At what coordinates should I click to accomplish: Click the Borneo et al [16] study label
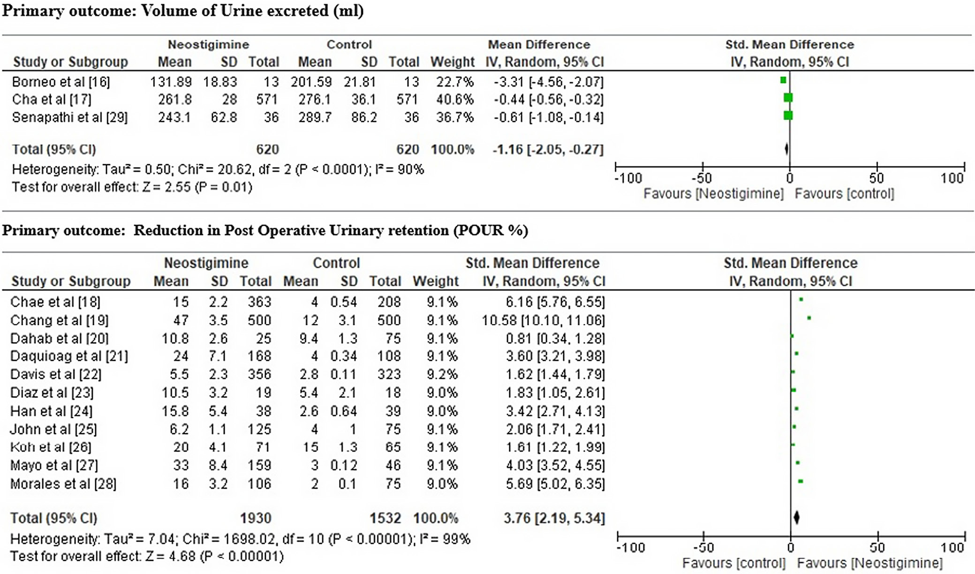[x=61, y=82]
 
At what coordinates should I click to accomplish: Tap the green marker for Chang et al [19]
[x=809, y=318]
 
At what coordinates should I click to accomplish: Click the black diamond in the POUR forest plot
[x=796, y=518]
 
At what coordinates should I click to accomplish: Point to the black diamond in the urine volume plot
[x=786, y=149]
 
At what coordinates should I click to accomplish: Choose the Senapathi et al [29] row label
[x=70, y=117]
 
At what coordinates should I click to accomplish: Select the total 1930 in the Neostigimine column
[x=256, y=518]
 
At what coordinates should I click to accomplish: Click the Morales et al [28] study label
[x=63, y=483]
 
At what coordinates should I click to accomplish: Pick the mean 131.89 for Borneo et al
[x=171, y=82]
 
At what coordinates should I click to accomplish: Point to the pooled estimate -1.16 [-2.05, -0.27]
[x=548, y=150]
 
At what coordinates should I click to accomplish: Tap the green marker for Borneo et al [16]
[x=783, y=80]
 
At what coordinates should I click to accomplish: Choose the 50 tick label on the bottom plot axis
[x=877, y=548]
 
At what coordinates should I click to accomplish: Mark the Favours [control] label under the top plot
[x=844, y=194]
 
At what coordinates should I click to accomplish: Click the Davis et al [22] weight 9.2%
[x=442, y=375]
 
